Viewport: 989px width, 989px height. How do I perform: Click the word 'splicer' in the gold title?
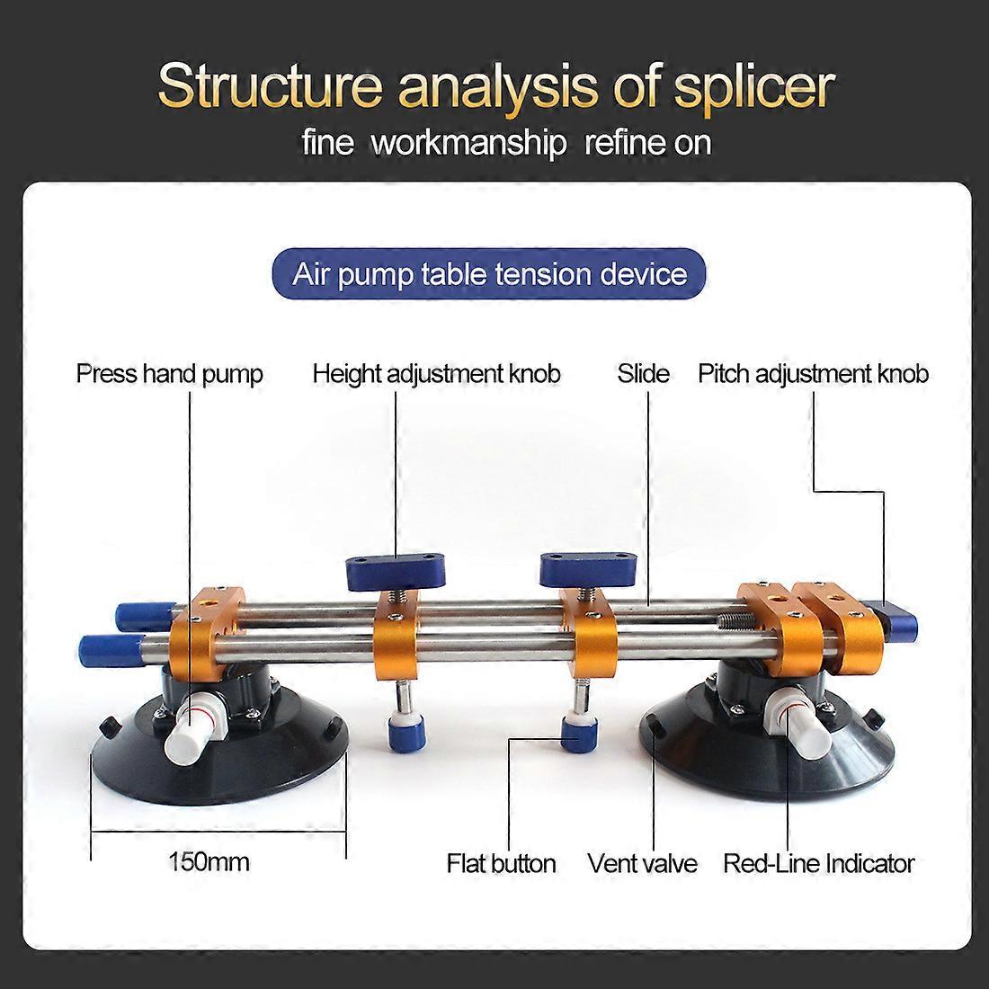click(x=754, y=87)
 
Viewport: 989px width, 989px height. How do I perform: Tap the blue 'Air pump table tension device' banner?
click(x=489, y=273)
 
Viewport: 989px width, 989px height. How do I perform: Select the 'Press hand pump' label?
click(x=169, y=374)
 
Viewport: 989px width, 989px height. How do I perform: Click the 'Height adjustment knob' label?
click(x=436, y=374)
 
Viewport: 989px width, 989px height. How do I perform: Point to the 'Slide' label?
click(x=644, y=373)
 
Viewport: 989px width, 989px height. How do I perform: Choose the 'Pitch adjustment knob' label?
click(x=813, y=374)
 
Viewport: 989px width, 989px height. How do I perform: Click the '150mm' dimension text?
click(x=209, y=861)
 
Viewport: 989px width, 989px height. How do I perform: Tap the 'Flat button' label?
click(x=502, y=863)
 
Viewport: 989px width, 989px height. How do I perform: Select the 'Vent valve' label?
click(x=642, y=863)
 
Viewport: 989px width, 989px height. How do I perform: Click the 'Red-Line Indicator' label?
click(x=819, y=863)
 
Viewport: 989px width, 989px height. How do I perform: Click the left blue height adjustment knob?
click(x=396, y=571)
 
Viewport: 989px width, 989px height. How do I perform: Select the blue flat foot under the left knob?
click(x=405, y=735)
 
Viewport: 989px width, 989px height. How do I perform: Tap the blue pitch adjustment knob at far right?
click(x=895, y=620)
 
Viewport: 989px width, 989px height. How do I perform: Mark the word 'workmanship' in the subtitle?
click(x=468, y=143)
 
